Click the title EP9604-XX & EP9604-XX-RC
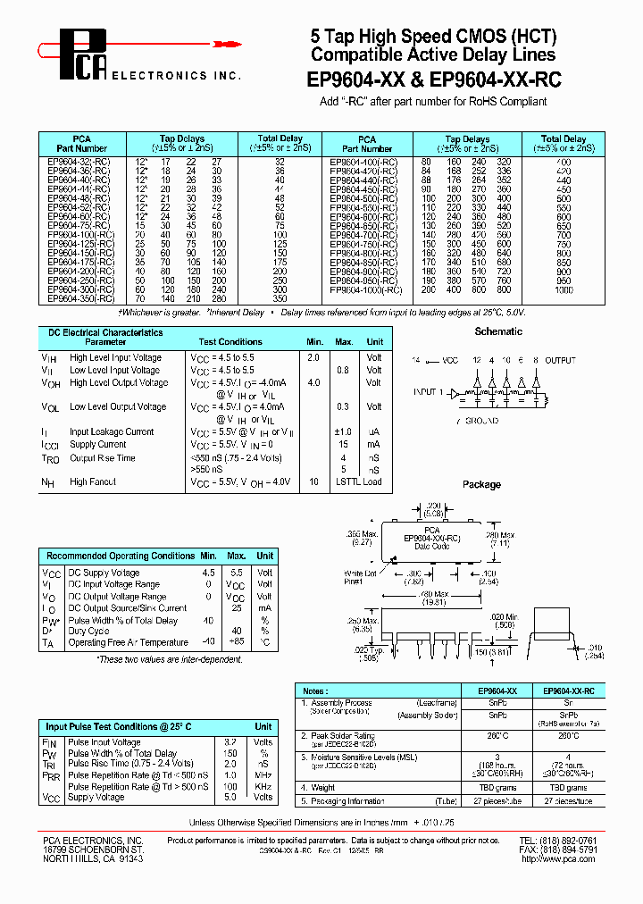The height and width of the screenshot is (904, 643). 434,80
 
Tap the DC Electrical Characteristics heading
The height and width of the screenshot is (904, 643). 105,332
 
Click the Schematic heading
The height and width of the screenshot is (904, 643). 498,331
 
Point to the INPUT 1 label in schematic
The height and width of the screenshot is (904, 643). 428,391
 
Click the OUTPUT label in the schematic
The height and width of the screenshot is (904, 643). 561,360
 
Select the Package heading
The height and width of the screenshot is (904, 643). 481,484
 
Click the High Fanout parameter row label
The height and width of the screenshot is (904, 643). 94,481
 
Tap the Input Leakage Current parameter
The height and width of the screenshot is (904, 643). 112,431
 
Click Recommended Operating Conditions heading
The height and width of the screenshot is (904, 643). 121,556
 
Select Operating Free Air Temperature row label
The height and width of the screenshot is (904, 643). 129,642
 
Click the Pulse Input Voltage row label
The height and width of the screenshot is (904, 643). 104,742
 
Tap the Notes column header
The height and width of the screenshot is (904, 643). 314,691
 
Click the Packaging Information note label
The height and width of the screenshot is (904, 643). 347,801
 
